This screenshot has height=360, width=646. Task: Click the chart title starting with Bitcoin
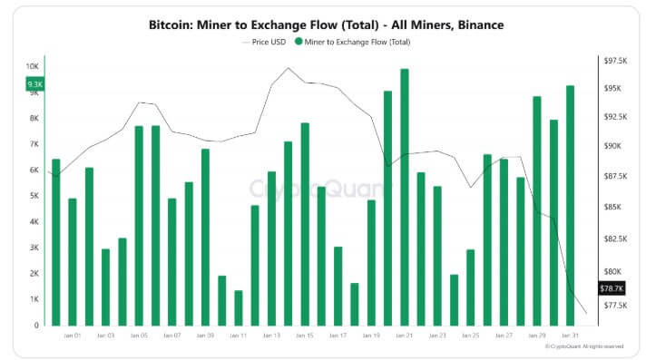(326, 25)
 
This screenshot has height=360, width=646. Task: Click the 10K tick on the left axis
(32, 67)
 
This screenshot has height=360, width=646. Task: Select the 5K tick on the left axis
(34, 196)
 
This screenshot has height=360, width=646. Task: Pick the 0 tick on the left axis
(37, 325)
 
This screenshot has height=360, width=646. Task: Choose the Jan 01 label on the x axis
(73, 336)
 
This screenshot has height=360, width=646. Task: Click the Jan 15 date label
(305, 336)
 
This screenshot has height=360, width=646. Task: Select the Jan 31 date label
(571, 336)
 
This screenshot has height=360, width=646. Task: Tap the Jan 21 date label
(405, 336)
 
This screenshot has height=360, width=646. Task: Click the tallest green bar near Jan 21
(404, 199)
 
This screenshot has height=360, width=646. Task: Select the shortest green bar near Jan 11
(239, 308)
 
